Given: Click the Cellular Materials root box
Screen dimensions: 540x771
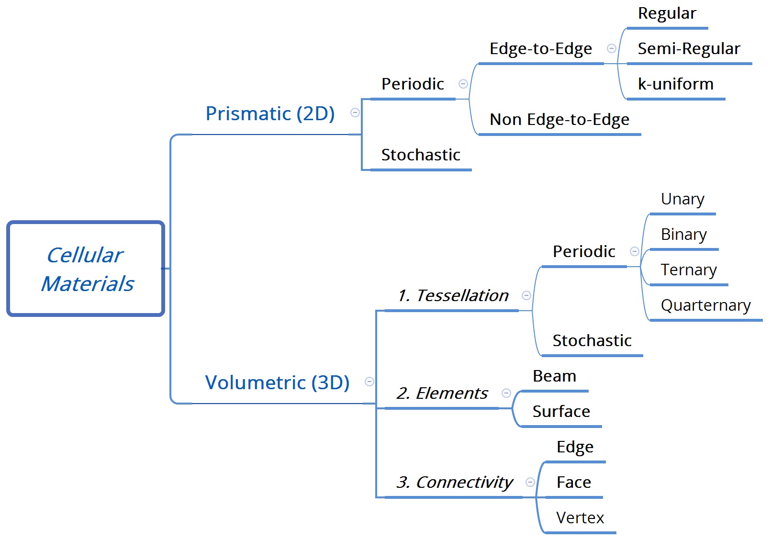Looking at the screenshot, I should [86, 269].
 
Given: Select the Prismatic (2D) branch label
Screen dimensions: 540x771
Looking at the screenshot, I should [270, 114].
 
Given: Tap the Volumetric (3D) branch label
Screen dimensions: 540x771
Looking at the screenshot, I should [277, 383].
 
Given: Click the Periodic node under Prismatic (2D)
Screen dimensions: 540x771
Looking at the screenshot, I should [413, 84].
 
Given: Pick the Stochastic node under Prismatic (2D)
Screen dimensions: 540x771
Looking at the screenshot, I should [420, 155].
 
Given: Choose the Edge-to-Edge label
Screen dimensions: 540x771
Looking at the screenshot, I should [540, 49].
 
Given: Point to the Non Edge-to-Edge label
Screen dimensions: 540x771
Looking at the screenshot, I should [559, 120].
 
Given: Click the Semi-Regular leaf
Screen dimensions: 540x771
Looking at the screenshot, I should [688, 49].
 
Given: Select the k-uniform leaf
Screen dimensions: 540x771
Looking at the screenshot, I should [675, 84].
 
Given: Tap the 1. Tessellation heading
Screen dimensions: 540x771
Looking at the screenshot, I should [453, 296].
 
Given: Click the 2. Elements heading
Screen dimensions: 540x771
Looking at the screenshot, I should [442, 394].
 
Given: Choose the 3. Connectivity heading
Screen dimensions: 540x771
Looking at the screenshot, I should [454, 483].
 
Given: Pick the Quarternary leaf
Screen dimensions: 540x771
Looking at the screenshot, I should [705, 305].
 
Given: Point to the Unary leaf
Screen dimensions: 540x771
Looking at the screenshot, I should [682, 199].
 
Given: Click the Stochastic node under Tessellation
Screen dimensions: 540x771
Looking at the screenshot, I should [592, 341].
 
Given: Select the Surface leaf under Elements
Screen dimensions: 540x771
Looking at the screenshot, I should [561, 412].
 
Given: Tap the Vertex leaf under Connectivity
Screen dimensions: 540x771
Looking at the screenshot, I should [580, 518].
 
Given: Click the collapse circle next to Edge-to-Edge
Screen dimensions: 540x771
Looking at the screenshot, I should [611, 48].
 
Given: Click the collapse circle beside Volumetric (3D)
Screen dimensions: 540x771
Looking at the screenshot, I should [369, 382].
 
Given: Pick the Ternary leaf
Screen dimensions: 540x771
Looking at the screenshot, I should [688, 270].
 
